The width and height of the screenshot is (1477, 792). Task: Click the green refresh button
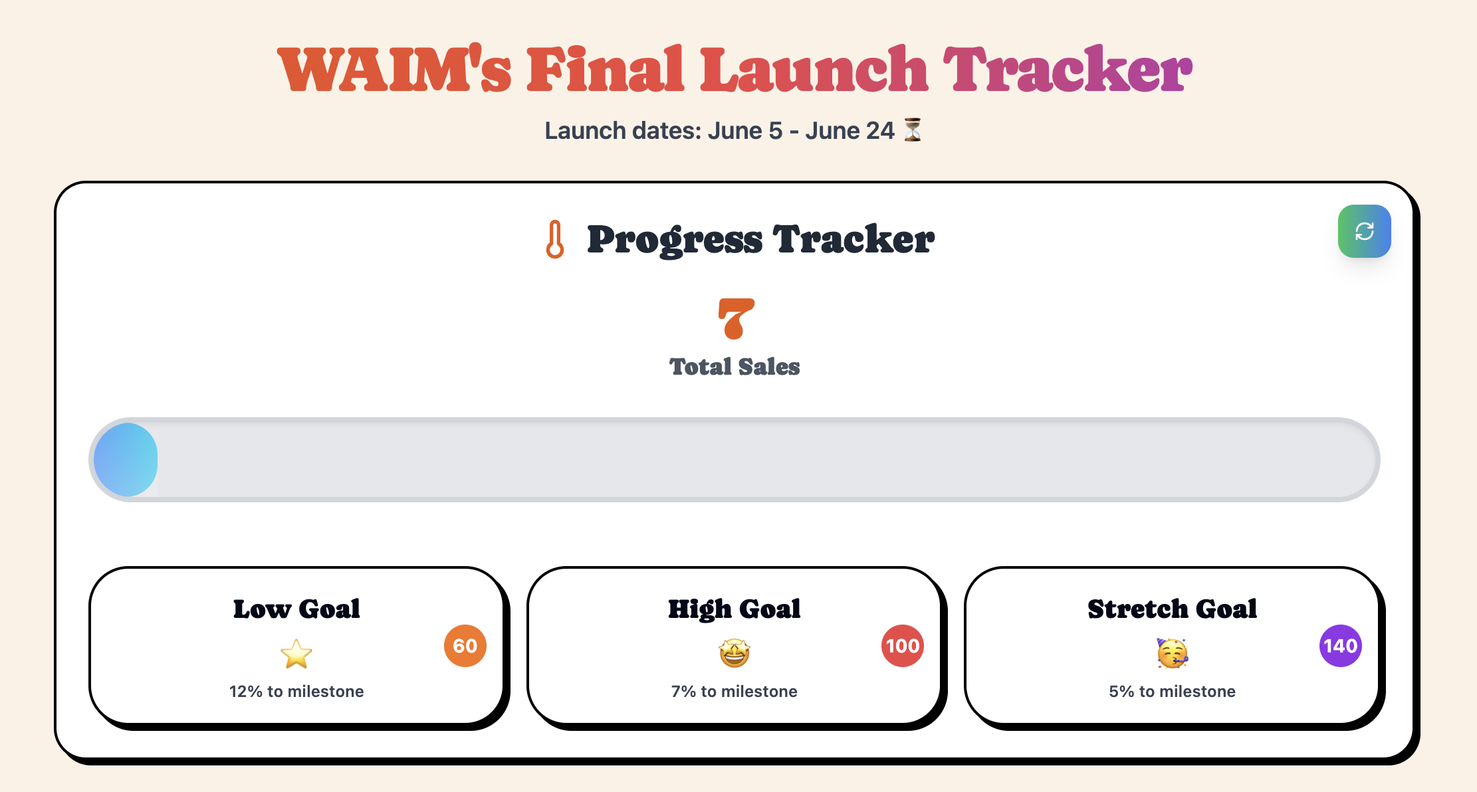1364,231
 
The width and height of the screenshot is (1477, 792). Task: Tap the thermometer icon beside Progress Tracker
555,239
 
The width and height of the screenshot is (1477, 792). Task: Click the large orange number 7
736,319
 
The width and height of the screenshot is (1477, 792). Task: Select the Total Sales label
735,367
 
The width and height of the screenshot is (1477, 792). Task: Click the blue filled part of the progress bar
126,460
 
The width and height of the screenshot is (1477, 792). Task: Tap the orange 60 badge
465,646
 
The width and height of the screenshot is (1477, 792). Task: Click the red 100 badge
902,646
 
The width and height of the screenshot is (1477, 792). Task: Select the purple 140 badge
1340,646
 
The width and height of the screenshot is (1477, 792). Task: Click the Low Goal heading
296,609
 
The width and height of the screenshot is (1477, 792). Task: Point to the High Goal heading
735,609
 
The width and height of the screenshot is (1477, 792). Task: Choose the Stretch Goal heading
1172,609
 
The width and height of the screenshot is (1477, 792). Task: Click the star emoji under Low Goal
296,654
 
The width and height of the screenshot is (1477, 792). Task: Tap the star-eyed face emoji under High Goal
735,653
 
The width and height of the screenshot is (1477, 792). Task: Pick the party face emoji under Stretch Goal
1172,653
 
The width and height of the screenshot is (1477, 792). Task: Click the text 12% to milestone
296,692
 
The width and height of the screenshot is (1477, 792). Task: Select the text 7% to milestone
735,692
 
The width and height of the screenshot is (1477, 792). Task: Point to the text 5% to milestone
1172,692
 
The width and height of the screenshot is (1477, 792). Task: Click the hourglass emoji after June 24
913,130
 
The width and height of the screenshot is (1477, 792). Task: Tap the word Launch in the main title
814,70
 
